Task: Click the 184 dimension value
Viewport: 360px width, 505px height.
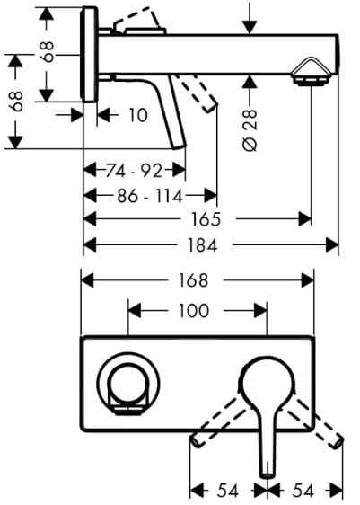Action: click(202, 245)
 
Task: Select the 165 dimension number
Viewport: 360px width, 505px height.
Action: click(206, 219)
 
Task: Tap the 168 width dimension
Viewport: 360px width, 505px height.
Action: click(193, 280)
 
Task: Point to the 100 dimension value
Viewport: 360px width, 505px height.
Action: click(194, 311)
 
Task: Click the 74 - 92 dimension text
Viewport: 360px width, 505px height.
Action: click(134, 171)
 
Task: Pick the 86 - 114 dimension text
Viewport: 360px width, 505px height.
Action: click(150, 196)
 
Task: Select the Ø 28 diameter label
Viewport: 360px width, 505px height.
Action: click(250, 130)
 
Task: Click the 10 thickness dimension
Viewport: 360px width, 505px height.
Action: click(138, 115)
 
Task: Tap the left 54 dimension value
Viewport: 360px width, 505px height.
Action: click(228, 491)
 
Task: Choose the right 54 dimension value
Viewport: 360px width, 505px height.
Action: click(303, 491)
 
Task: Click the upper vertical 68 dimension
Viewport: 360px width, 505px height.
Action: click(48, 51)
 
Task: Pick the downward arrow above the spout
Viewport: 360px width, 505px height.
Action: click(250, 21)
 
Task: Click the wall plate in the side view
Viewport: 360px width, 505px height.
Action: click(89, 55)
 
